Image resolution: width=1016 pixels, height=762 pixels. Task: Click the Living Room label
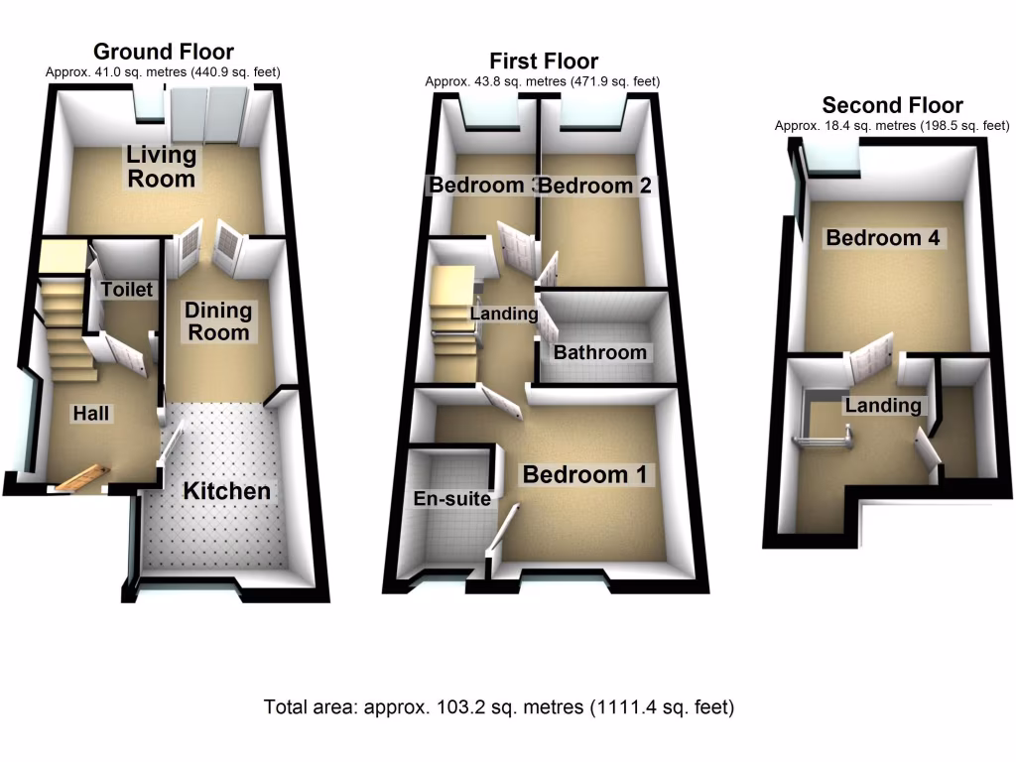pos(160,167)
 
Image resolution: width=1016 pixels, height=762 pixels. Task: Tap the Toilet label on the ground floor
pos(128,290)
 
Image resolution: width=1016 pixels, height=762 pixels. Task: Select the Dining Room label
pos(218,321)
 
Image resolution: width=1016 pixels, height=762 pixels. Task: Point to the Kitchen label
pos(226,490)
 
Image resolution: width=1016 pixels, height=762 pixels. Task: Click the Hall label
pos(90,413)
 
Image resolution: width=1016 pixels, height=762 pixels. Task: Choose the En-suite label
pos(452,499)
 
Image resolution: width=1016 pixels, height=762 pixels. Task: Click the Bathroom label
pos(599,352)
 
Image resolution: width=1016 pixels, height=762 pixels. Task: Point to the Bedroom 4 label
pos(883,238)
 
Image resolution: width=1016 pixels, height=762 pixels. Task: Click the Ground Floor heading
pos(164,52)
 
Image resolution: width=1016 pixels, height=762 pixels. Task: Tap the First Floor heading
pos(544,62)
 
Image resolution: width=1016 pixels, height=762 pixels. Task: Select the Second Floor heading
pos(892,105)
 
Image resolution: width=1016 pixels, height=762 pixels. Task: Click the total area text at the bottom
pos(499,708)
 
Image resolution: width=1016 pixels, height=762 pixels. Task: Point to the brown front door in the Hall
pos(79,478)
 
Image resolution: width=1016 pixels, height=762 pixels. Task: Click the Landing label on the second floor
pos(882,405)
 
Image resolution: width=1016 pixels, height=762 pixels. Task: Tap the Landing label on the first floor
pos(503,315)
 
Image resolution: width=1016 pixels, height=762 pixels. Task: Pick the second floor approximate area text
pos(892,126)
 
